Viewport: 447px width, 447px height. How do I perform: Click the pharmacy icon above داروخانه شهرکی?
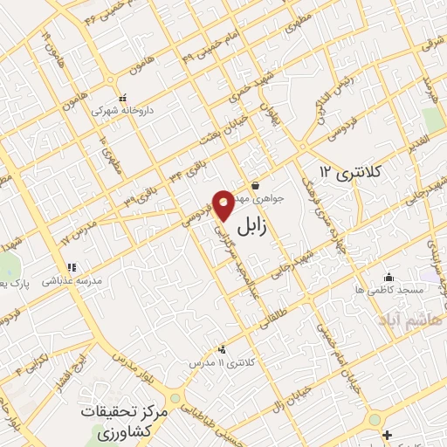(122, 98)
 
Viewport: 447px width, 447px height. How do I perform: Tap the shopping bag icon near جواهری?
(254, 184)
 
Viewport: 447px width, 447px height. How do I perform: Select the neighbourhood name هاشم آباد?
(410, 321)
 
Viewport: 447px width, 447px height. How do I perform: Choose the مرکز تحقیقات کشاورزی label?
(116, 422)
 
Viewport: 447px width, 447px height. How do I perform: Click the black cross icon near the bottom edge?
(387, 433)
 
